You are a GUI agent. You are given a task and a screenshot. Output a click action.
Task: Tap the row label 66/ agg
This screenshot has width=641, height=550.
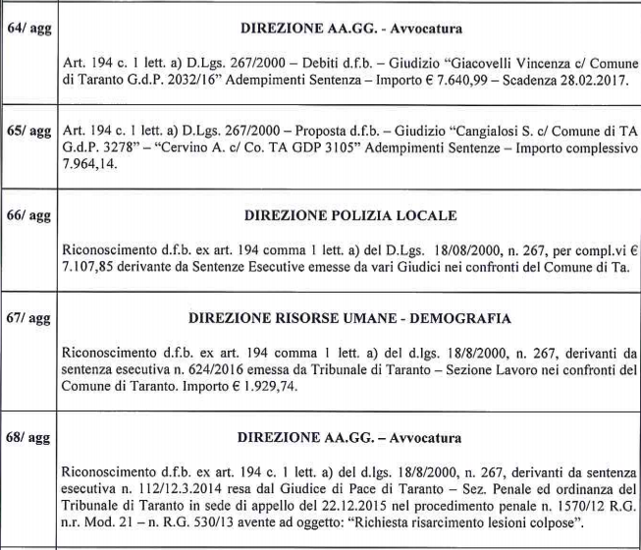click(x=28, y=214)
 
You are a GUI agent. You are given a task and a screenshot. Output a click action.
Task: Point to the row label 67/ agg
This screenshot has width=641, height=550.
click(x=28, y=320)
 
